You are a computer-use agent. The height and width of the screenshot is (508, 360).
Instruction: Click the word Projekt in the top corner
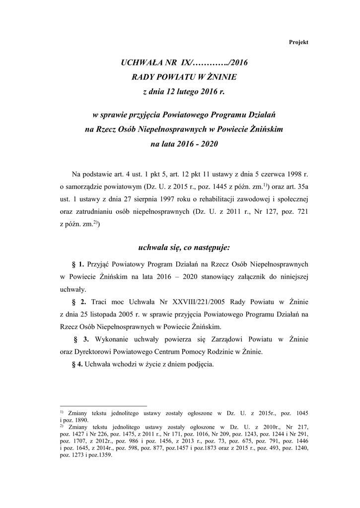click(x=298, y=43)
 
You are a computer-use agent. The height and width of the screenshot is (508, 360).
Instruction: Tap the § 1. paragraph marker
click(x=78, y=265)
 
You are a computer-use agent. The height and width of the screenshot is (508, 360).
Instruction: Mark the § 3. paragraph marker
click(x=81, y=340)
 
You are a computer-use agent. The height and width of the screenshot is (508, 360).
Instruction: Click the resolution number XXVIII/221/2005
click(x=185, y=302)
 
